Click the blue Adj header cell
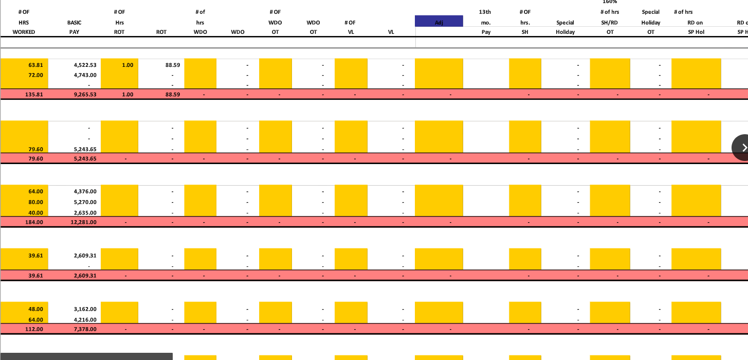pyautogui.click(x=439, y=22)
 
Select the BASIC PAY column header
pyautogui.click(x=74, y=27)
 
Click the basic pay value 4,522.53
pyautogui.click(x=85, y=65)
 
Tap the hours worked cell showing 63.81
pyautogui.click(x=35, y=65)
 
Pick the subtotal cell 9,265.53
pyautogui.click(x=85, y=95)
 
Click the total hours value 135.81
pyautogui.click(x=34, y=95)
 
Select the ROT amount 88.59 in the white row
pyautogui.click(x=172, y=65)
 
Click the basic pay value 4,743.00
pyautogui.click(x=85, y=75)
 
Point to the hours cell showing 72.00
pyautogui.click(x=35, y=75)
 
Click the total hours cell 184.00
pyautogui.click(x=34, y=222)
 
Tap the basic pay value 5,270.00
pyautogui.click(x=85, y=202)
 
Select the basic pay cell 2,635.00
pyautogui.click(x=85, y=212)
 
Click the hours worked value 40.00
pyautogui.click(x=35, y=212)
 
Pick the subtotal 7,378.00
pyautogui.click(x=85, y=329)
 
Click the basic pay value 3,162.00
pyautogui.click(x=85, y=309)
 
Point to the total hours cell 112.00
pyautogui.click(x=34, y=329)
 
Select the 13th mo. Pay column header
pyautogui.click(x=485, y=22)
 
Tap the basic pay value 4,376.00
pyautogui.click(x=85, y=191)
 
